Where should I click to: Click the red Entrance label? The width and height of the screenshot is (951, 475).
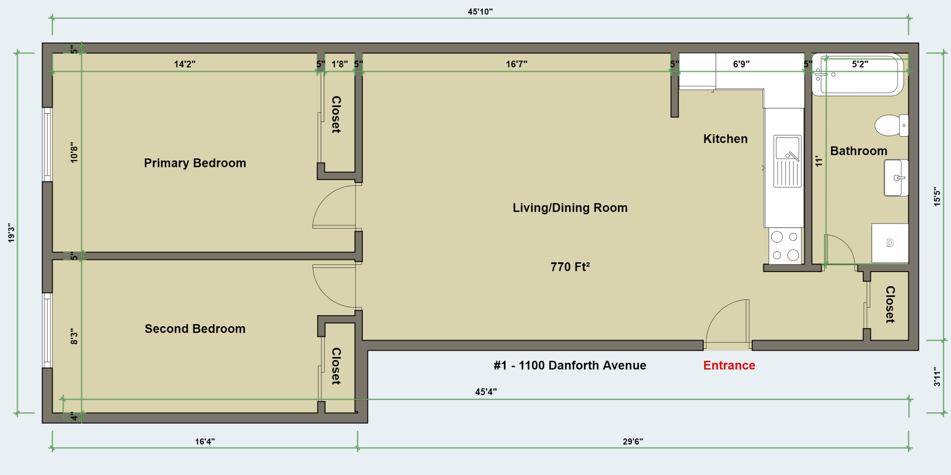click(729, 365)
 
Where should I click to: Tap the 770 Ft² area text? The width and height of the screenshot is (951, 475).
click(570, 267)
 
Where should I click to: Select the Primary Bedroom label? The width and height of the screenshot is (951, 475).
click(195, 163)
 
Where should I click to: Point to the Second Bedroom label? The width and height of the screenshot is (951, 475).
click(195, 329)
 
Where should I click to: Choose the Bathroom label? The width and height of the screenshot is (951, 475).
click(859, 151)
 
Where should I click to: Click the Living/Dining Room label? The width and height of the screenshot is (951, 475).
click(570, 208)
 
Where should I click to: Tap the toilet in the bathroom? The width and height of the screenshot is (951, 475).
click(892, 126)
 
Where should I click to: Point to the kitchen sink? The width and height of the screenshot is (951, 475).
click(787, 161)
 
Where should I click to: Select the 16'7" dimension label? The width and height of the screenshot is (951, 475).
click(516, 64)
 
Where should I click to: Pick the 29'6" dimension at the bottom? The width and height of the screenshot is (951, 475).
click(633, 441)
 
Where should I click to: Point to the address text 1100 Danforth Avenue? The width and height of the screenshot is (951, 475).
click(582, 365)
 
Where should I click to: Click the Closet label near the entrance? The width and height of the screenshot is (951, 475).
click(890, 305)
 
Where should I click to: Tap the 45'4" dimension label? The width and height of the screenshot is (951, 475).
click(486, 392)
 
